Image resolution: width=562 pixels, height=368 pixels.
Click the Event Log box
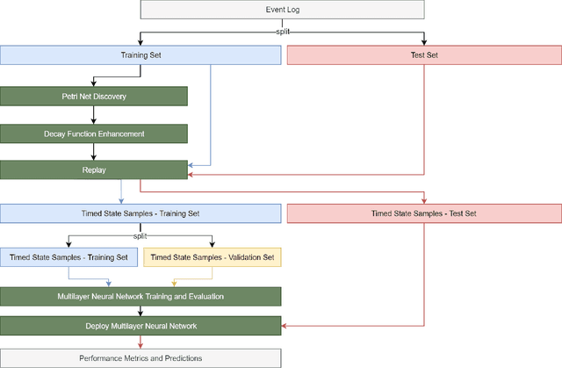click(x=282, y=10)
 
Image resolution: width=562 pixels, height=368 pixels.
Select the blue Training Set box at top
click(x=140, y=54)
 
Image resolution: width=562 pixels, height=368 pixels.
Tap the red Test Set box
click(x=424, y=54)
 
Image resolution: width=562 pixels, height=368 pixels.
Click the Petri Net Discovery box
click(x=94, y=96)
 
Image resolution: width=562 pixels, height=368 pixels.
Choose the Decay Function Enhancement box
click(x=94, y=133)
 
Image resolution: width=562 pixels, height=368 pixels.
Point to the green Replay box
click(x=94, y=170)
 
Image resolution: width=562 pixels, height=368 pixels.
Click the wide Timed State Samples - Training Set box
click(x=140, y=213)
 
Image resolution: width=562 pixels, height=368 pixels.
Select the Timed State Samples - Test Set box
click(x=424, y=213)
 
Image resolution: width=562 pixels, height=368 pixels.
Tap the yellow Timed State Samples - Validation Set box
click(x=213, y=257)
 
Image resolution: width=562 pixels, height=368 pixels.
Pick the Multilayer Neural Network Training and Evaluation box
click(x=140, y=296)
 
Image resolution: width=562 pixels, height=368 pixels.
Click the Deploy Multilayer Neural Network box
click(x=140, y=325)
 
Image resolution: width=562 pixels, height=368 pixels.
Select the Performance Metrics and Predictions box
click(x=140, y=357)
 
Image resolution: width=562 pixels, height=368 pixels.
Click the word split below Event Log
click(x=282, y=31)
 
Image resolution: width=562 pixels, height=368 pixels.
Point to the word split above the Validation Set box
click(x=140, y=236)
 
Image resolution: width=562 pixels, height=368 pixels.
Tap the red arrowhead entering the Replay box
click(x=191, y=175)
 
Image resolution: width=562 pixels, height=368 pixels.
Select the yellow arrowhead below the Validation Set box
click(x=175, y=283)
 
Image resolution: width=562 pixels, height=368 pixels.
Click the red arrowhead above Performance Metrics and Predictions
click(x=140, y=344)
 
